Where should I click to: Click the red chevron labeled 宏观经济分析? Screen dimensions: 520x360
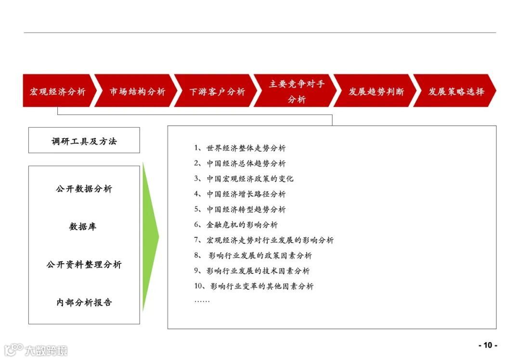point(57,91)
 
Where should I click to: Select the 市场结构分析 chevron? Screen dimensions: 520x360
point(137,91)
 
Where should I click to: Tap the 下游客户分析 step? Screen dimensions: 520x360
point(217,91)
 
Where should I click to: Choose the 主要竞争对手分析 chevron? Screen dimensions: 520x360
point(296,91)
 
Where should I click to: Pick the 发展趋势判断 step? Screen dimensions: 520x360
point(376,91)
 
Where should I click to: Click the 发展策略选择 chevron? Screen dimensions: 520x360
point(455,91)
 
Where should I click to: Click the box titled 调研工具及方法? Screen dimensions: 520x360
point(84,141)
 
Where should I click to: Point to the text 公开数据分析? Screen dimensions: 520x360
point(84,189)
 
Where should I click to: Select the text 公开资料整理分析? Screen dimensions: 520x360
point(84,264)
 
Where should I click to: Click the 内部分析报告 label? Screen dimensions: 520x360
point(84,302)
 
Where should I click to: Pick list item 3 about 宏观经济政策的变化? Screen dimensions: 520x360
point(244,179)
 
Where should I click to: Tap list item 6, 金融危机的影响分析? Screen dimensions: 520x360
point(236,225)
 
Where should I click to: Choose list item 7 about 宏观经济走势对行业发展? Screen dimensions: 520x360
point(264,240)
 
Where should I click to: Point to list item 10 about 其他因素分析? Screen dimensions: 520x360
point(254,286)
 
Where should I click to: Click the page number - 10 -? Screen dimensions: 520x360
point(488,345)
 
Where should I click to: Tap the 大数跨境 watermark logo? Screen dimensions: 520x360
point(36,349)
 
